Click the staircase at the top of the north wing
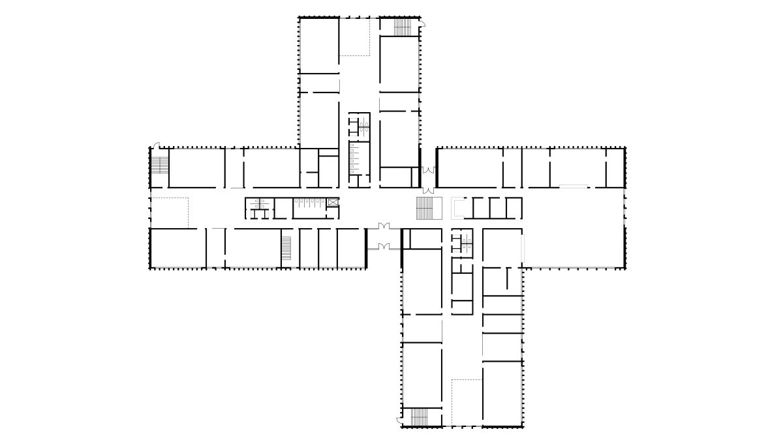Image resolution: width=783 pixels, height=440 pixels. (x=403, y=27)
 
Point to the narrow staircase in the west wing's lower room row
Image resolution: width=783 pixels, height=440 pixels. (x=286, y=248)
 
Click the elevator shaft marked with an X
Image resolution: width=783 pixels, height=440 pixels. (x=333, y=203)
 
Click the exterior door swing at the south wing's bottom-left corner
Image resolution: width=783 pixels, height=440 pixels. (x=399, y=415)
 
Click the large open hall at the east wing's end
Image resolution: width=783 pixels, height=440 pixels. (x=574, y=228)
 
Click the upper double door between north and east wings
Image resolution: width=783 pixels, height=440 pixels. (x=427, y=170)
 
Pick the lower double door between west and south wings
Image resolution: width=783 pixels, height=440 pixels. (x=378, y=246)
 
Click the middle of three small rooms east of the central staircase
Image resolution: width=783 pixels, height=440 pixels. (x=497, y=207)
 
